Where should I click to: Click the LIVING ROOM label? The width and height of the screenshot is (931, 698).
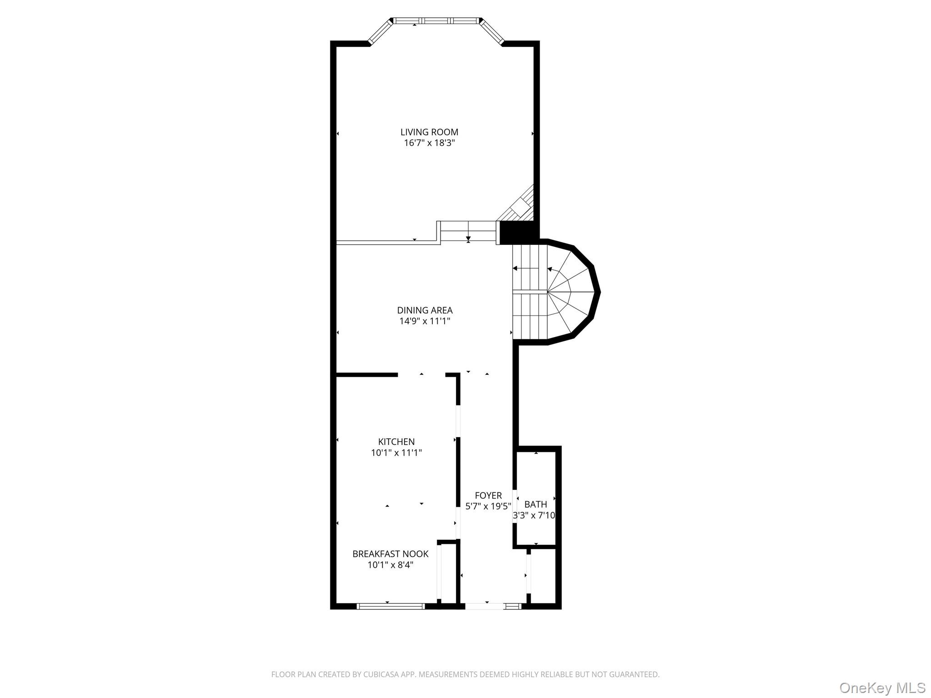click(x=429, y=132)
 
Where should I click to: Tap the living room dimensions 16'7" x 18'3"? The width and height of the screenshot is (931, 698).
click(x=429, y=143)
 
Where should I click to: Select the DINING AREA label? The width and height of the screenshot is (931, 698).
click(x=425, y=310)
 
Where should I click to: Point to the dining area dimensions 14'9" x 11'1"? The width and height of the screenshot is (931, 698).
click(x=425, y=321)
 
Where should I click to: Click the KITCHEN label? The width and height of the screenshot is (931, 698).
click(x=396, y=442)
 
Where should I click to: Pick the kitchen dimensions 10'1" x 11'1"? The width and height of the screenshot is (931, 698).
click(x=396, y=453)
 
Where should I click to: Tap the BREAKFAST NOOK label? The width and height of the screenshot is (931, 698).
click(x=390, y=554)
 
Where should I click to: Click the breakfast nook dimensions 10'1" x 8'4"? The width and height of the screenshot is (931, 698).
click(x=390, y=565)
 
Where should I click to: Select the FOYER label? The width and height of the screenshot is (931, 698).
click(x=488, y=495)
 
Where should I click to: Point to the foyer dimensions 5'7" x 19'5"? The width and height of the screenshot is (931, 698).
click(x=488, y=506)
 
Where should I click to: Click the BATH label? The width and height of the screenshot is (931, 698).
click(x=536, y=504)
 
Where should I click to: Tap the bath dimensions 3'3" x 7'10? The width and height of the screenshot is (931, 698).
click(x=534, y=516)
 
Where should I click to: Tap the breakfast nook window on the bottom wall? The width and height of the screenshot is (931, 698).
click(x=390, y=606)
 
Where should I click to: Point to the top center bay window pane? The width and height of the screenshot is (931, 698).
click(x=436, y=20)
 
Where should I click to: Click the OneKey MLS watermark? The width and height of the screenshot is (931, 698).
click(x=882, y=688)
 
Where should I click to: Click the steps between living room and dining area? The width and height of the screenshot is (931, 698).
click(x=468, y=232)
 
